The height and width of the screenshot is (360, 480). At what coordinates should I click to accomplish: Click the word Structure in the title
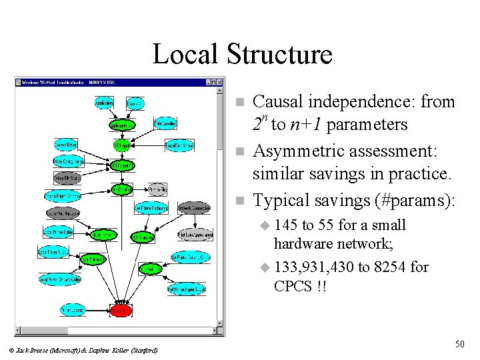279,54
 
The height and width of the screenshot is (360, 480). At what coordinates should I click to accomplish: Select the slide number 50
459,344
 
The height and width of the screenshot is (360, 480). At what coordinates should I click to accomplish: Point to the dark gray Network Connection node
194,207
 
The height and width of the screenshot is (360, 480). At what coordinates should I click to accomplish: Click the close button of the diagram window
219,82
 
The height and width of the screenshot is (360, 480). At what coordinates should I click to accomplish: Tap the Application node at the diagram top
104,103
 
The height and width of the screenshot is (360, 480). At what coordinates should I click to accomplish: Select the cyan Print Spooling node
165,123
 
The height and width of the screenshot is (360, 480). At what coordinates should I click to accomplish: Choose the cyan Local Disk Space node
179,145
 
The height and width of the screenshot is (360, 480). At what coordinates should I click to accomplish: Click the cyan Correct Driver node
66,143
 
